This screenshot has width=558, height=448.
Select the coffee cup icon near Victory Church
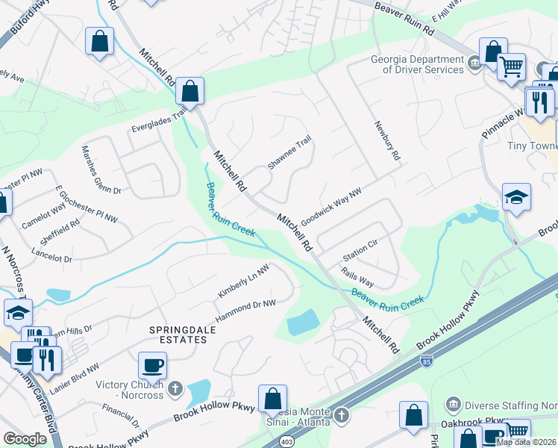(x=152, y=365)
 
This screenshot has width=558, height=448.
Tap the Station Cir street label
(x=361, y=250)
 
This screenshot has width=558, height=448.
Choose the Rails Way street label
(x=358, y=278)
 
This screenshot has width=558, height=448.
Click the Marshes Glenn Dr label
(x=101, y=169)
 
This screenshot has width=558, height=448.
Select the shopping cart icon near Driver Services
(x=511, y=67)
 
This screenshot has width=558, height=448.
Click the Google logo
(x=25, y=439)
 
